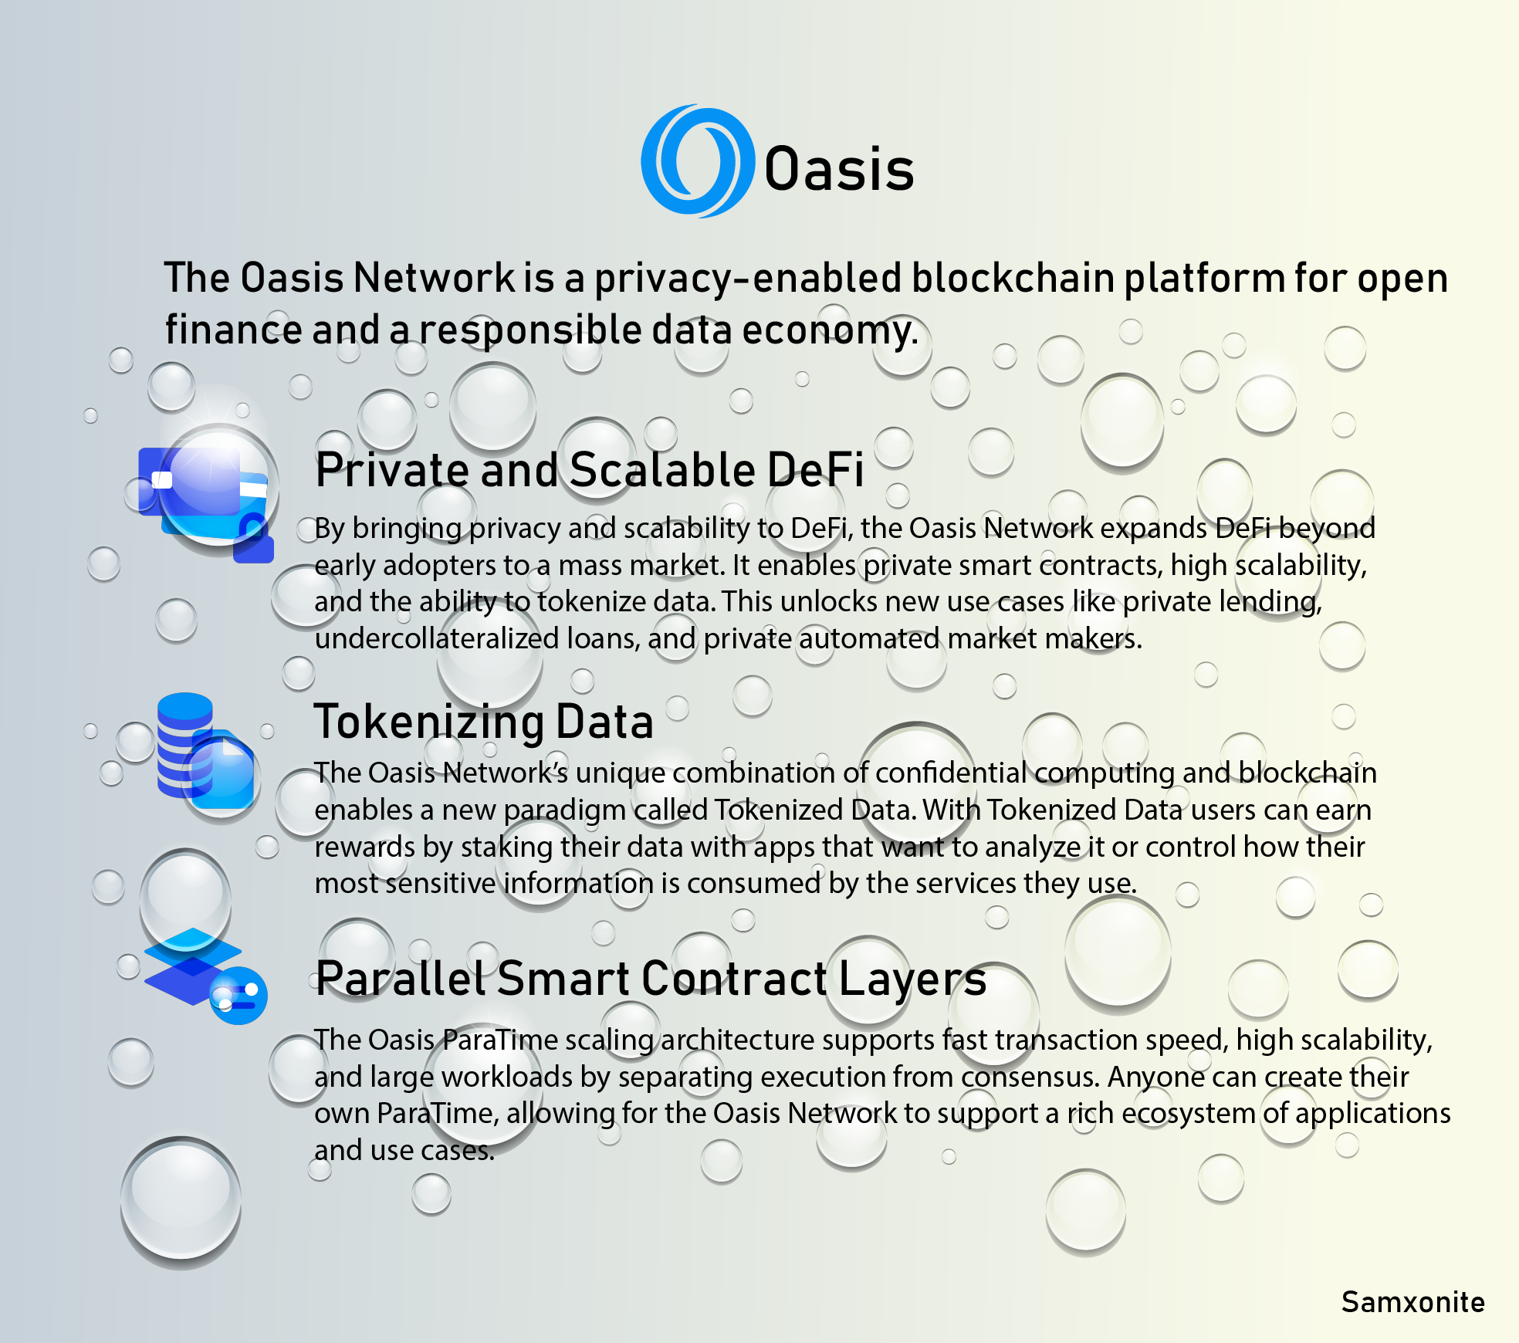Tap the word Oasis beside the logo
pos(839,169)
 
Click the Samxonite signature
pos(1412,1302)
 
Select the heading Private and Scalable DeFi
pos(590,469)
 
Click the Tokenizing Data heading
pos(484,722)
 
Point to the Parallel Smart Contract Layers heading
pos(651,979)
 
